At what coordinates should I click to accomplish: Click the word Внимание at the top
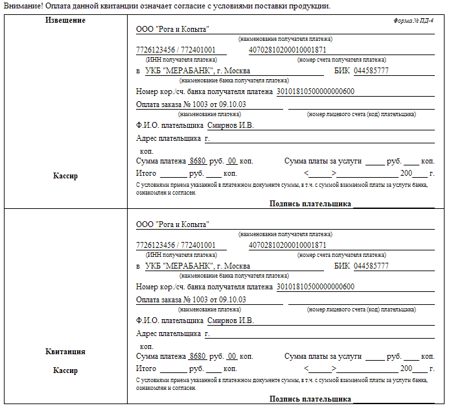(23, 6)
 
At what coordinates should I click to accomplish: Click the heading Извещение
(65, 20)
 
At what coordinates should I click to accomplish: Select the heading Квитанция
(65, 352)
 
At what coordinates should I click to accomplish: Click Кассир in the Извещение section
(65, 176)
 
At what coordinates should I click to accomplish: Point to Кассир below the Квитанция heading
(65, 370)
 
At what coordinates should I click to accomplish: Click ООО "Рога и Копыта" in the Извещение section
(172, 29)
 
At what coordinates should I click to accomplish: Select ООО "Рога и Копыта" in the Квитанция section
(172, 224)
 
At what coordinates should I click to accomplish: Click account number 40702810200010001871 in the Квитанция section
(287, 245)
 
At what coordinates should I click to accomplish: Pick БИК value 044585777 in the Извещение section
(371, 71)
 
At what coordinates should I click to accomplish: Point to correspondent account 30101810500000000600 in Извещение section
(316, 91)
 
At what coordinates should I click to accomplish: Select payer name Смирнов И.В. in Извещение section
(230, 125)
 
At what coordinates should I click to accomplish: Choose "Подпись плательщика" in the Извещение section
(310, 204)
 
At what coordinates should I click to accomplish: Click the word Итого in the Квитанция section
(146, 368)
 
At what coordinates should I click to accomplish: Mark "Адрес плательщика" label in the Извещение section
(168, 138)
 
